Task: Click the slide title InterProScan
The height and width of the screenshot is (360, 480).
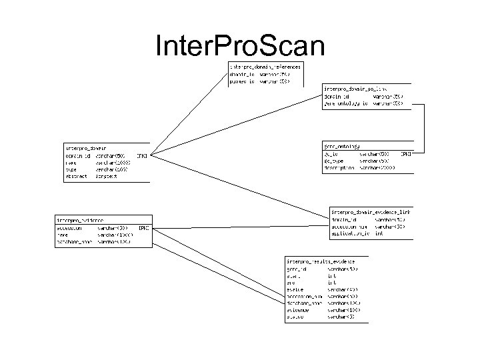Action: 239,46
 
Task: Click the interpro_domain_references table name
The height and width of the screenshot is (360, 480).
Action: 265,67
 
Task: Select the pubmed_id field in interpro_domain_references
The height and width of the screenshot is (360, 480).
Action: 243,82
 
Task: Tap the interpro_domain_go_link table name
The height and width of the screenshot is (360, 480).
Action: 355,88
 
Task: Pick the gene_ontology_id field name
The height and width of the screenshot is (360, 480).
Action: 345,104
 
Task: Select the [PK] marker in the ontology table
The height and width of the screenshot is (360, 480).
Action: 406,154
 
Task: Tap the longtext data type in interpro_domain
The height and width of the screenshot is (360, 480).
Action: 107,177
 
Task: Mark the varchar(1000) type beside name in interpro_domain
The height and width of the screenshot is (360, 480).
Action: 112,163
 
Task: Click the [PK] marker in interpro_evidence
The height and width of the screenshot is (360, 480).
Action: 143,227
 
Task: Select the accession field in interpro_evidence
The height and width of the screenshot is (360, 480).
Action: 69,227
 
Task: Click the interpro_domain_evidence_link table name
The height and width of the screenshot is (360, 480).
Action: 371,212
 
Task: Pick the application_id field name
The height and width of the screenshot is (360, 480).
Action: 351,234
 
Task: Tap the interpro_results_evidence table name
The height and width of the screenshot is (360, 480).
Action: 321,261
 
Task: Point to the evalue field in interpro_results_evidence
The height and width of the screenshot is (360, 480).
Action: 295,289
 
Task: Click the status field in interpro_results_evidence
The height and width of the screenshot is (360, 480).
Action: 295,317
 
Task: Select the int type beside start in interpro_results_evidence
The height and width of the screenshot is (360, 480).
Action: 331,275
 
